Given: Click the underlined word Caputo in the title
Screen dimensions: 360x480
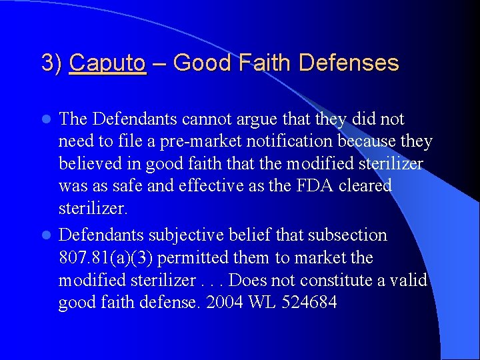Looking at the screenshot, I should click(x=107, y=63).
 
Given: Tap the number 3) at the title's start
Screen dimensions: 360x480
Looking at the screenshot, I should click(x=52, y=63).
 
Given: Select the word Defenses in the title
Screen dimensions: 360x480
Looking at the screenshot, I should click(x=349, y=63).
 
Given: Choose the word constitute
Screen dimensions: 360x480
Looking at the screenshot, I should click(x=342, y=280).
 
